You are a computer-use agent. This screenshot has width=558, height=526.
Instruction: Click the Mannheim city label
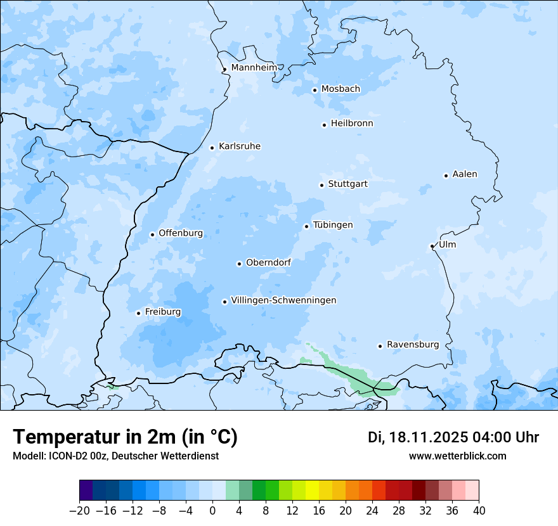coord(254,68)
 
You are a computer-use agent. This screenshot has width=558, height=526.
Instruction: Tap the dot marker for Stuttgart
coord(321,185)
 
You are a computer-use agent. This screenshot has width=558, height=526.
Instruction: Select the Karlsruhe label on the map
coord(240,146)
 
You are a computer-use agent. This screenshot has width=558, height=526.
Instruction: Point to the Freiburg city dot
coord(138,313)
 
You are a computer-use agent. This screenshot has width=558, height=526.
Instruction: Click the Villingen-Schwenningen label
coord(283,300)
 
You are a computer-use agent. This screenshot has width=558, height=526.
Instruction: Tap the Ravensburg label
coord(413,345)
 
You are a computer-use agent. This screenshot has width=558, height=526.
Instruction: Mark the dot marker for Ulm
coord(432,246)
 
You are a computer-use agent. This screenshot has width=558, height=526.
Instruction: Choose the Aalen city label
coord(465,174)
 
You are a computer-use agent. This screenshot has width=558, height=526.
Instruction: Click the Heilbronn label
coord(352,124)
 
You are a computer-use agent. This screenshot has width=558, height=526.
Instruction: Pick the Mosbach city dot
coord(315,90)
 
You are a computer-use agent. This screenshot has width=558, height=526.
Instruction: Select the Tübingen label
coord(333,225)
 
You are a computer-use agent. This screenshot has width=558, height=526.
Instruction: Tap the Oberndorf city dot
coord(239,264)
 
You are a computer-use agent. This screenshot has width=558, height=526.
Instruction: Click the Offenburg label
coord(181,233)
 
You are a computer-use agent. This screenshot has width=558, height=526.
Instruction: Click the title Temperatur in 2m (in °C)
coord(125,437)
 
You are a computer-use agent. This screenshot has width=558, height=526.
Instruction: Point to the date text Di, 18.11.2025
coord(417,437)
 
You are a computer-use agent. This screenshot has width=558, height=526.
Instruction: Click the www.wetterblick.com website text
coord(457,456)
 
